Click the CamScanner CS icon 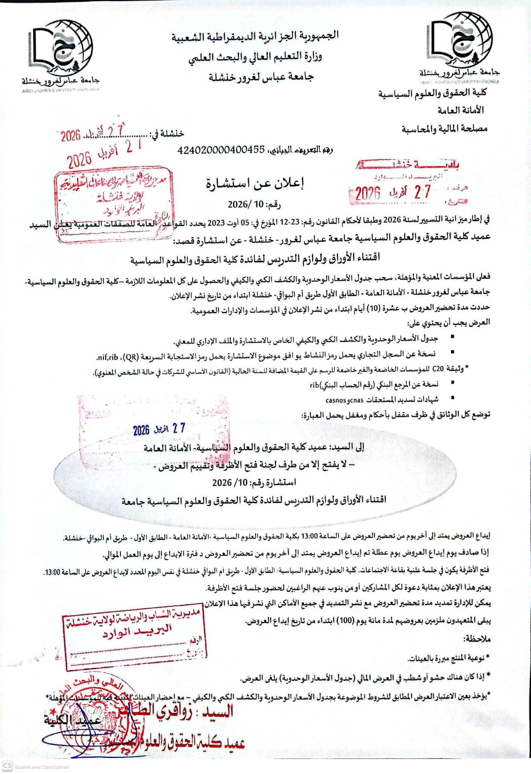pos(7,767)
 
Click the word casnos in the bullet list pos(335,400)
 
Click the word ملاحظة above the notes pos(477,639)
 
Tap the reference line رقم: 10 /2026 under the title pos(254,204)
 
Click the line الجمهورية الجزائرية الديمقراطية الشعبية pos(255,36)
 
